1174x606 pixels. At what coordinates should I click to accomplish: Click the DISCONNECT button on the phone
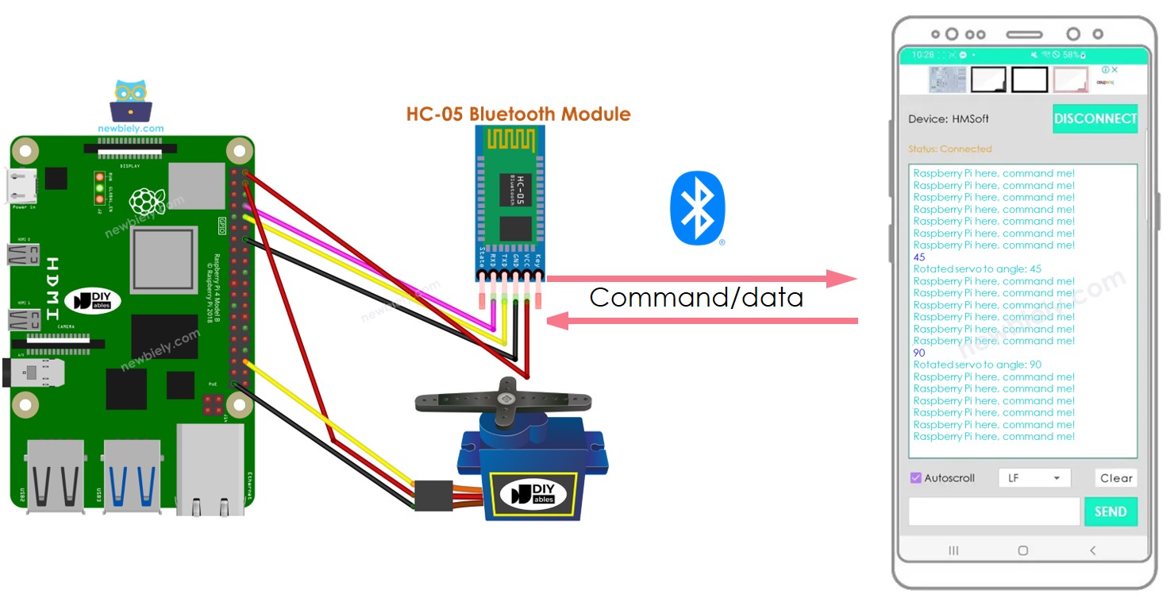point(1095,119)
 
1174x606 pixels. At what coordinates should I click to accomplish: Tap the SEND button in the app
point(1110,511)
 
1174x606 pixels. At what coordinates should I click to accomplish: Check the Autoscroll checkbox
point(915,478)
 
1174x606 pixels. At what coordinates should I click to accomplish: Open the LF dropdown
point(1034,478)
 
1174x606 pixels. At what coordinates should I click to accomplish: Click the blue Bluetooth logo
point(697,209)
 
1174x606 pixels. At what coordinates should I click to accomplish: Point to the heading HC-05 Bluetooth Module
point(518,114)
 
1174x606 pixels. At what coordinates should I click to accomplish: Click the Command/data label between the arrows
point(696,298)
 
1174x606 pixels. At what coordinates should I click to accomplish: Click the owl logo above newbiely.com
point(132,100)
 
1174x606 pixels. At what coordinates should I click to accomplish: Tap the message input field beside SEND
point(994,511)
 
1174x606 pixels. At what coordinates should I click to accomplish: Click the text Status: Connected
point(949,149)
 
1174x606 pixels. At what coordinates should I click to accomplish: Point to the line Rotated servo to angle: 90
point(977,365)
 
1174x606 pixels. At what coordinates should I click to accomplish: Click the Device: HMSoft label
point(948,119)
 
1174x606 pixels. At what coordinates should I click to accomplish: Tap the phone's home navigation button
point(1022,550)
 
